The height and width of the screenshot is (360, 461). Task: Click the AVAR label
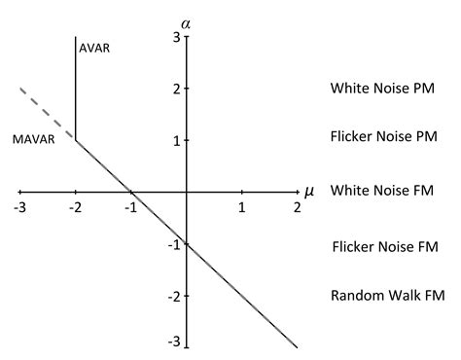(94, 49)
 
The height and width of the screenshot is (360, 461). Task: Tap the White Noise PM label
(381, 89)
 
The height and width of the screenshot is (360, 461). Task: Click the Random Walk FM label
(387, 295)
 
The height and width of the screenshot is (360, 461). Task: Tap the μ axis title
(309, 191)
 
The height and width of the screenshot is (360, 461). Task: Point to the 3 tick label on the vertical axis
(175, 37)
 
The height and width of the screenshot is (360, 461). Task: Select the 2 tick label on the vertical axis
(175, 89)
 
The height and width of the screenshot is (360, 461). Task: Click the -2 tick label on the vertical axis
(172, 295)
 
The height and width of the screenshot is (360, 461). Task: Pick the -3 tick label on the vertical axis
(172, 342)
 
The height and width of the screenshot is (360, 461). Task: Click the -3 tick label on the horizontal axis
(19, 208)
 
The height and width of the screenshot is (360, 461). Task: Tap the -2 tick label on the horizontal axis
(75, 208)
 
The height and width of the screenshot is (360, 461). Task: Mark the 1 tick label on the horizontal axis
(242, 208)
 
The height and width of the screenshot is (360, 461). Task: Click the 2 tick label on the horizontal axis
(296, 208)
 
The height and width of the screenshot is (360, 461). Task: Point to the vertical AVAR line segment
(76, 88)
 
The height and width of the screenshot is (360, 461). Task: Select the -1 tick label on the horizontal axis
(128, 208)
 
